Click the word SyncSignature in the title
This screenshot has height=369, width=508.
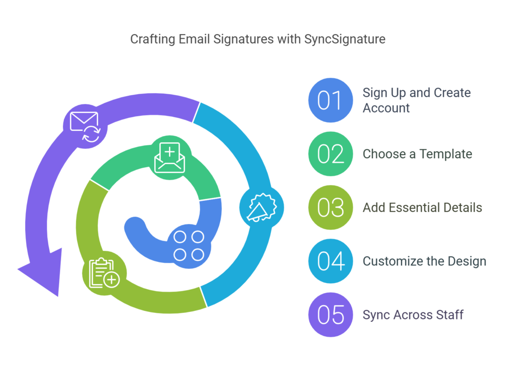(345, 39)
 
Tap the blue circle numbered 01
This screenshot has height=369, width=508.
(330, 100)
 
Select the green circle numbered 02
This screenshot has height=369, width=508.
(330, 154)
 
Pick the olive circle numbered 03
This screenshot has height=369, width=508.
(330, 207)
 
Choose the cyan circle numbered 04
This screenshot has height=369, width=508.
(330, 261)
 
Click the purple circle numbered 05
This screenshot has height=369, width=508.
(330, 314)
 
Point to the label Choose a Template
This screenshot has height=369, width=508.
(417, 154)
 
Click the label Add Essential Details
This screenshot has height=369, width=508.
(422, 208)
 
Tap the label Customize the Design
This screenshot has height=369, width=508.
(424, 261)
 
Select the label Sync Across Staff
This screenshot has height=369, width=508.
(413, 315)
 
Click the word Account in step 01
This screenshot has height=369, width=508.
(386, 108)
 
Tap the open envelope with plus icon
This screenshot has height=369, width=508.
(170, 157)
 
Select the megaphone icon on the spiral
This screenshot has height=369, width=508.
(261, 208)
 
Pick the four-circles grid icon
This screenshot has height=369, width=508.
(189, 246)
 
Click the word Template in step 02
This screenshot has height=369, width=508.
(446, 154)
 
